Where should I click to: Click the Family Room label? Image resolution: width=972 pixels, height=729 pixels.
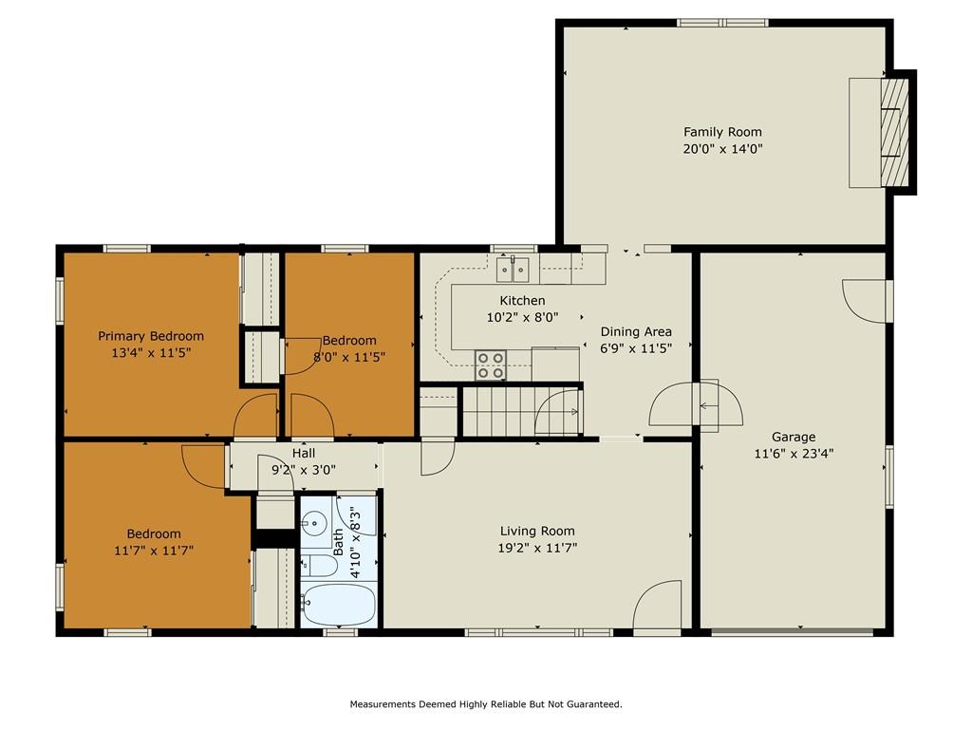[x=722, y=132]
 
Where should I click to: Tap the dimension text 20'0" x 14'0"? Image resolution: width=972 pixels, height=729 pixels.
[x=722, y=149]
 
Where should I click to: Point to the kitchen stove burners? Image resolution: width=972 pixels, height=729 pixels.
[x=491, y=365]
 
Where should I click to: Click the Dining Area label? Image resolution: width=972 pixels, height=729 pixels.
[x=636, y=331]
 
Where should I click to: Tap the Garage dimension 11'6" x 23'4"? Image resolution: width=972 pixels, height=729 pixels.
[x=794, y=453]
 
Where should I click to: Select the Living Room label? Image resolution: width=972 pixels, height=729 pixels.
[x=537, y=532]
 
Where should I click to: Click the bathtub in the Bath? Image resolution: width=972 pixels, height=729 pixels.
[x=339, y=605]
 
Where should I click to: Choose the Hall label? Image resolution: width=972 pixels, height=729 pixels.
[x=304, y=454]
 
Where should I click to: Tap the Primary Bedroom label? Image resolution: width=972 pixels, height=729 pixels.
[x=151, y=336]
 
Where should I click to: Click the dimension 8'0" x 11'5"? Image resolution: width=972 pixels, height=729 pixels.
[x=349, y=357]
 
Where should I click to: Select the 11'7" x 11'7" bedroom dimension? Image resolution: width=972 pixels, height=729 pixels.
[x=154, y=551]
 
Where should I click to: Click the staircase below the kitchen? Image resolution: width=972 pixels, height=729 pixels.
[x=521, y=411]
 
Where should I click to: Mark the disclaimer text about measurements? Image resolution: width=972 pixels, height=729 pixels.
[x=486, y=704]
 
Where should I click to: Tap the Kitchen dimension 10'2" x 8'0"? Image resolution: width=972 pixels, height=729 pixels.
[x=523, y=317]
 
